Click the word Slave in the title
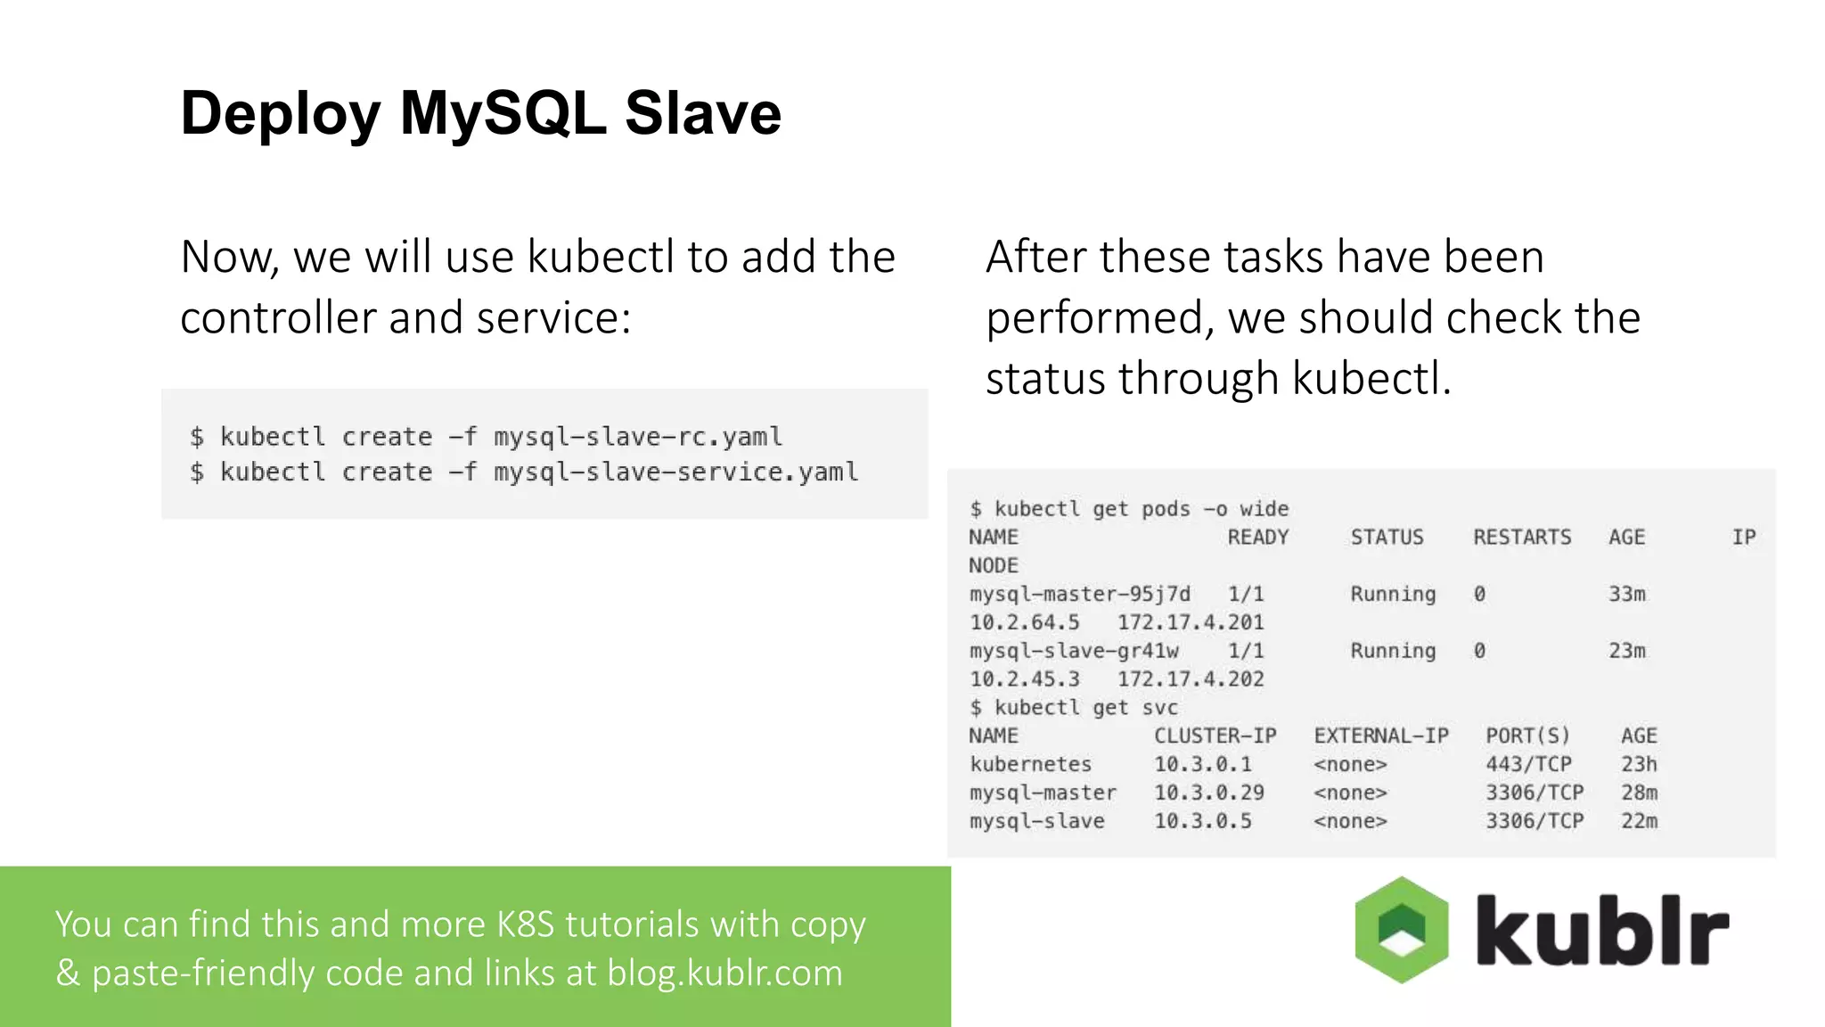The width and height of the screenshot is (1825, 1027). [x=703, y=113]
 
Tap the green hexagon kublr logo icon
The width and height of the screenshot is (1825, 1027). [x=1402, y=930]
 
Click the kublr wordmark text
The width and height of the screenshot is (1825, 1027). [x=1601, y=930]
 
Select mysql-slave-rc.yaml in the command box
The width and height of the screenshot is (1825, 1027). [x=638, y=437]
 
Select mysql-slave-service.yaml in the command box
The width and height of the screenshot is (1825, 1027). [x=676, y=472]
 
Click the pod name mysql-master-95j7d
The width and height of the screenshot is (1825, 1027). [x=1079, y=594]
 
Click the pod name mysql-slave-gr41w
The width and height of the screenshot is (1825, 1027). [x=1074, y=651]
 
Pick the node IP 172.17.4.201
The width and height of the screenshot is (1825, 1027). [x=1191, y=622]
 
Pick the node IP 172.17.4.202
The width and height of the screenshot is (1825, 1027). [x=1191, y=679]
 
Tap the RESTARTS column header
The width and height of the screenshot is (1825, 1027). [x=1522, y=537]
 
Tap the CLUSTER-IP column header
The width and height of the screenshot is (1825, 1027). [x=1215, y=735]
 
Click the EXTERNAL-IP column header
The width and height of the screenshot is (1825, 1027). [x=1381, y=735]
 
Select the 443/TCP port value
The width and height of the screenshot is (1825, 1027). [x=1528, y=764]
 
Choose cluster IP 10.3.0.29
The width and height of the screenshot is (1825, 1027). [x=1209, y=793]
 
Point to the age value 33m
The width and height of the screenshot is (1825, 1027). [x=1627, y=594]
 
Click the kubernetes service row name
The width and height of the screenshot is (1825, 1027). [x=1030, y=764]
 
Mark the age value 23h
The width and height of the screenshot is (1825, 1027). [x=1639, y=764]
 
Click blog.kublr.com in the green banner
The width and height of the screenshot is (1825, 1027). [x=724, y=973]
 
